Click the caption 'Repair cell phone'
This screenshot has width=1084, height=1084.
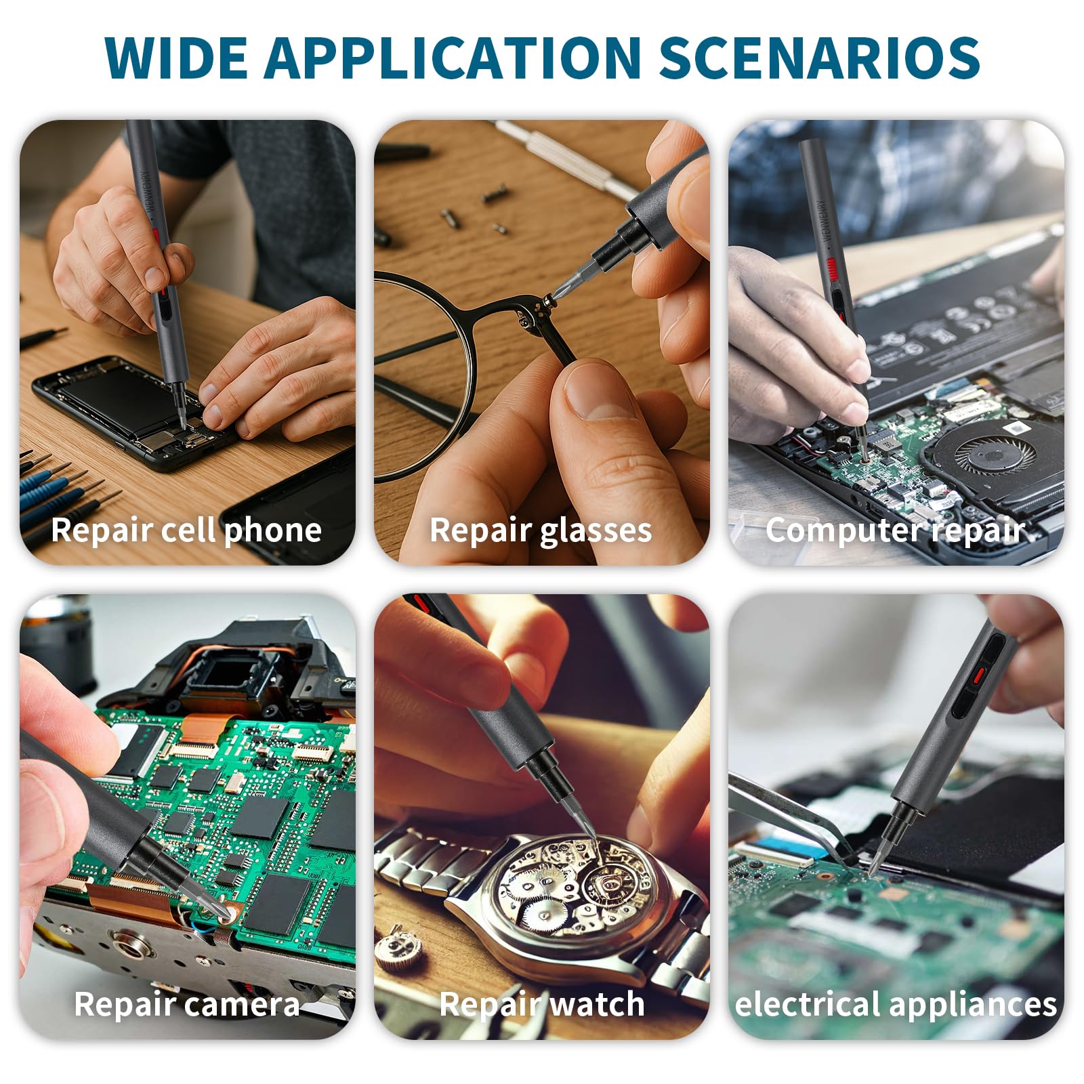pyautogui.click(x=186, y=530)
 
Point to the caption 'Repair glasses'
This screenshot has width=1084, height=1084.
pyautogui.click(x=541, y=530)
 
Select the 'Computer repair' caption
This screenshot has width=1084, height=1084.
pyautogui.click(x=896, y=530)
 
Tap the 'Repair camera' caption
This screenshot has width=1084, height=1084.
pyautogui.click(x=186, y=1004)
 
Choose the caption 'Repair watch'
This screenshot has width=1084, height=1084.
pyautogui.click(x=541, y=1004)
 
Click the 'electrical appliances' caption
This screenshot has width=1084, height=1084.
pyautogui.click(x=896, y=1004)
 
